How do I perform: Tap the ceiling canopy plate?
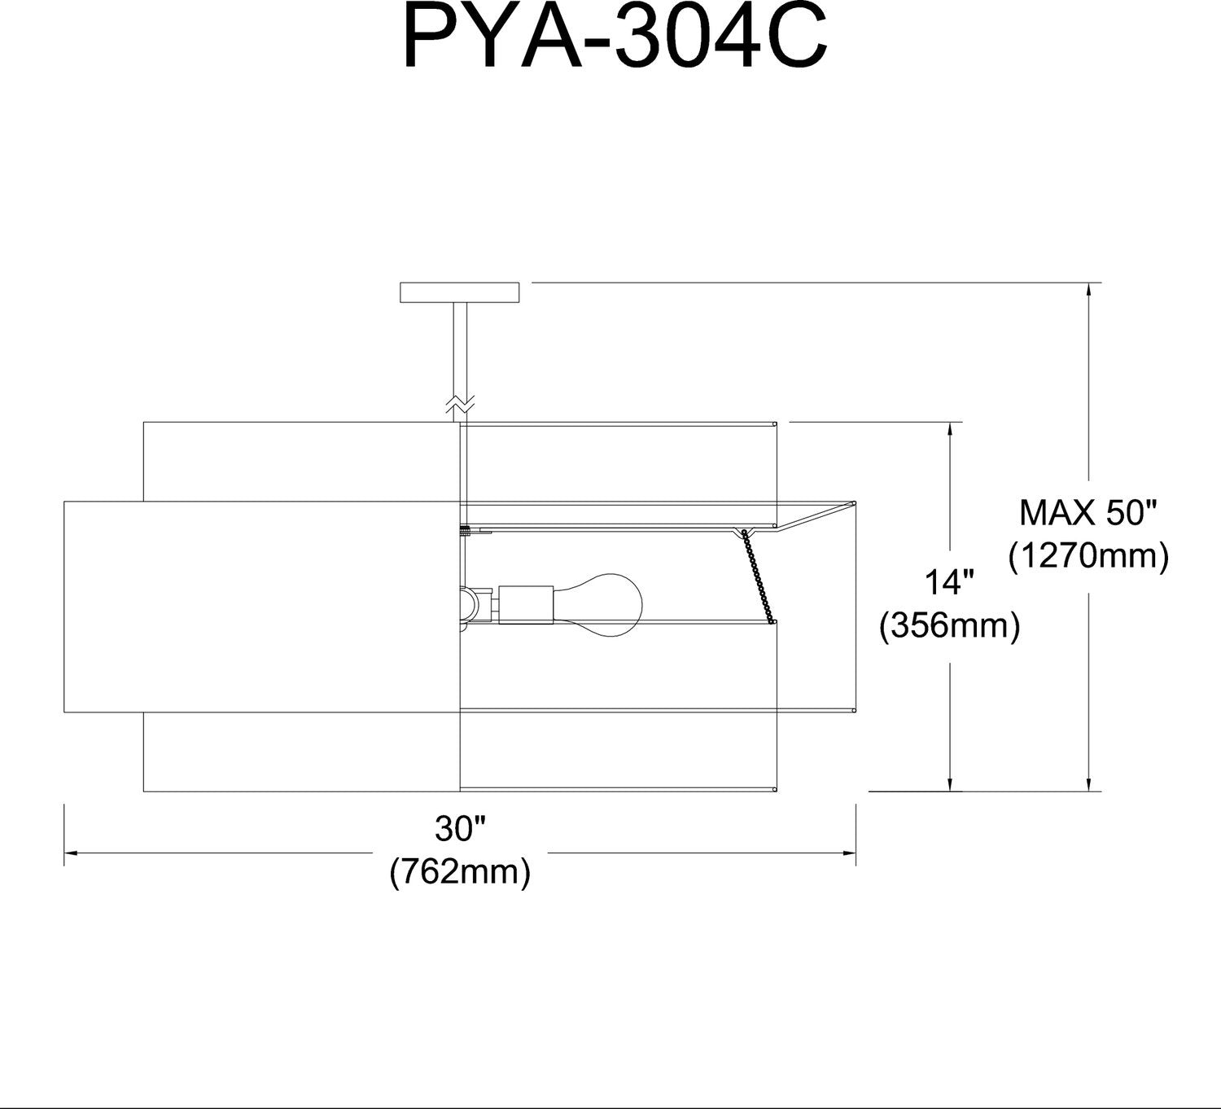(460, 292)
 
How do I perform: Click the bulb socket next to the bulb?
(526, 605)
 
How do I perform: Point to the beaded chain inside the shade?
(757, 576)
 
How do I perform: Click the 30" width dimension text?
(460, 829)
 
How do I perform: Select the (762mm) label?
(460, 872)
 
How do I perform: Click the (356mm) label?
(950, 625)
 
